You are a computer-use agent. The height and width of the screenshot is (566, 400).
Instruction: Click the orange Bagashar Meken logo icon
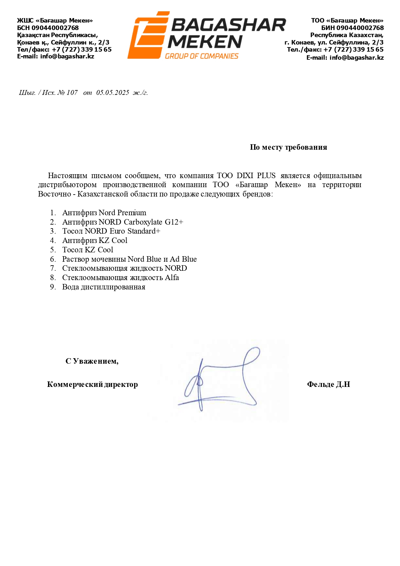coord(148,35)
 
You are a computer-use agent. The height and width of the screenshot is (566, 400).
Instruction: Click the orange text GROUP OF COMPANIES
coord(202,56)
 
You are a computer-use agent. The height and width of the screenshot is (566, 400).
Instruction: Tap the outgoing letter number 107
coord(72,93)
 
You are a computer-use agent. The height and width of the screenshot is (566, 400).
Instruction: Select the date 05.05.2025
coord(113,93)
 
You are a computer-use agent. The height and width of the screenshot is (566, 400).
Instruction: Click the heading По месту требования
coord(288,147)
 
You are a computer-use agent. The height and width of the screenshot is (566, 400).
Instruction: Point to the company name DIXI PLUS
coord(256,176)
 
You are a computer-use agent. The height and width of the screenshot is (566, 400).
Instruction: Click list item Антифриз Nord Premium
coord(104,213)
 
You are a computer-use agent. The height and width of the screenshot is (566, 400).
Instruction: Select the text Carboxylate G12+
coord(153,222)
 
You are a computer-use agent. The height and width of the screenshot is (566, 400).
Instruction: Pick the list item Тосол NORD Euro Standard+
coord(111,231)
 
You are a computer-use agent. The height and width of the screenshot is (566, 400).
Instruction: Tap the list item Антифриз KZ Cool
coord(95,240)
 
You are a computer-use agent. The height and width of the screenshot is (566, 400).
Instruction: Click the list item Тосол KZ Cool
coord(87,250)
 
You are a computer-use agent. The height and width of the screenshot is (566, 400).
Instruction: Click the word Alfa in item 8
coord(172,278)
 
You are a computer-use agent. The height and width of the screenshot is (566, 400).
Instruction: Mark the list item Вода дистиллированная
coord(104,287)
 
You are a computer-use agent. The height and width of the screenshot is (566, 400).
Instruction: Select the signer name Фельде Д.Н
coord(328,384)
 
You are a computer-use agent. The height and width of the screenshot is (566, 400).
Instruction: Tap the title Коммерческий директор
coord(92,384)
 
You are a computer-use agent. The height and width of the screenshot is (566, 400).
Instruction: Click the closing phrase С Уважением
coord(92,361)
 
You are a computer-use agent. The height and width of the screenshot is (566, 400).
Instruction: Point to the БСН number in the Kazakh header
coord(55,28)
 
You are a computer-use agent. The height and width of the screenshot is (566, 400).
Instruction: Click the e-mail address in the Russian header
coord(356,58)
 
